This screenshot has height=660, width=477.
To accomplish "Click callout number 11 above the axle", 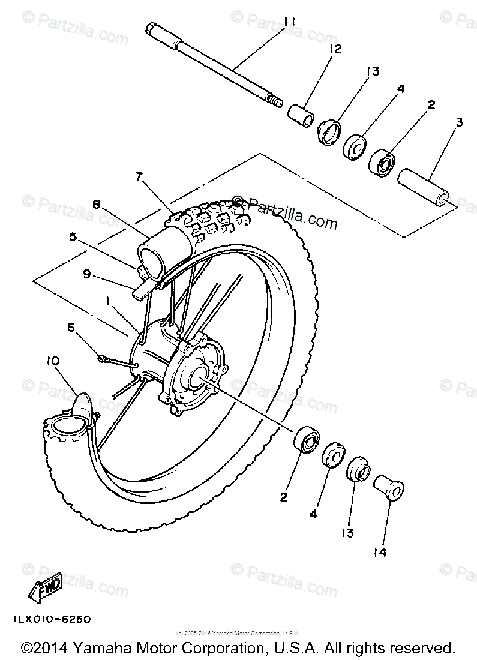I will (x=290, y=22).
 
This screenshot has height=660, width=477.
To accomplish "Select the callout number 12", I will (x=335, y=49).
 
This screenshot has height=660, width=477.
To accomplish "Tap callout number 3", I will (x=458, y=123).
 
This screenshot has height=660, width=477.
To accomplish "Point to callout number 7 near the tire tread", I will (x=139, y=176).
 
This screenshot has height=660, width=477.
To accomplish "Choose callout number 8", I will (x=96, y=203).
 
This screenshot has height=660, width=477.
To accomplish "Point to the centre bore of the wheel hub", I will (x=198, y=377).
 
